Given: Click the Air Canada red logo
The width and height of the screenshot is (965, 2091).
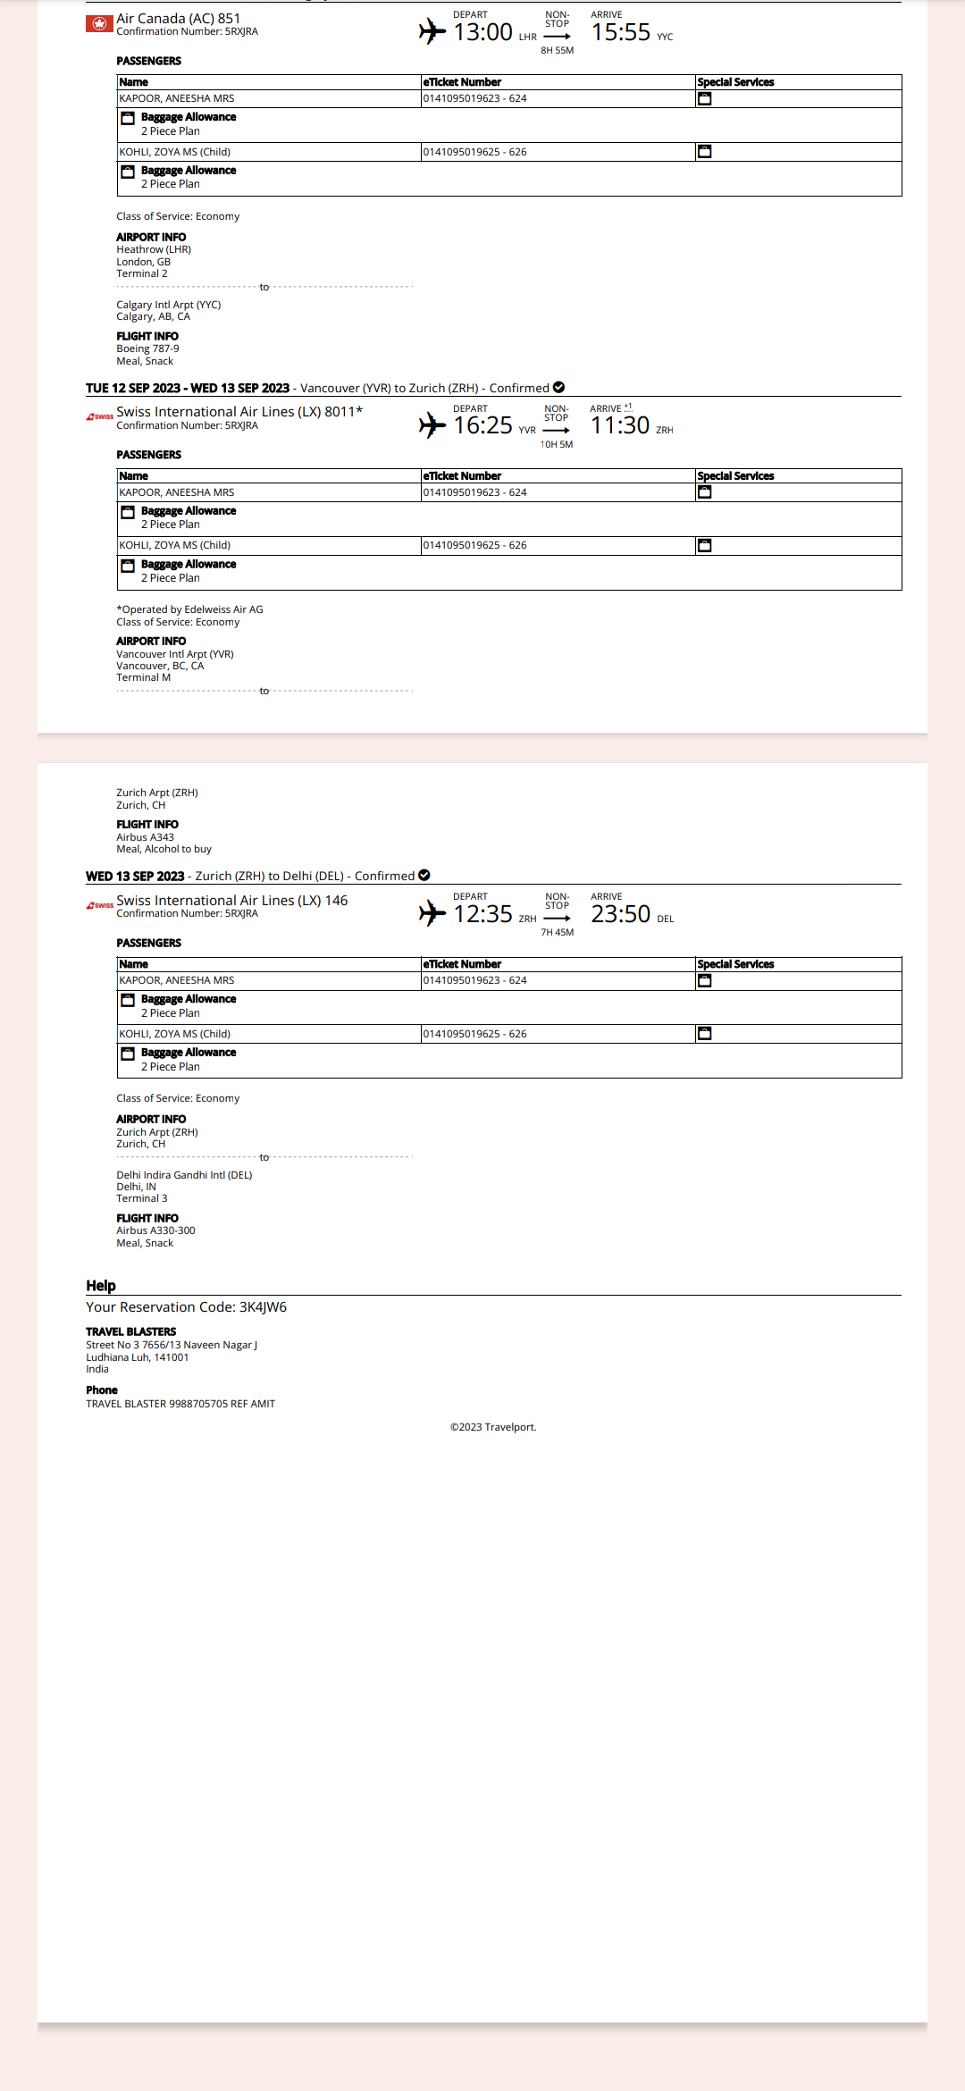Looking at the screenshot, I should pos(99,24).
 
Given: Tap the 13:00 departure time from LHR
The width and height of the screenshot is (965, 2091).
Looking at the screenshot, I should pos(482,33).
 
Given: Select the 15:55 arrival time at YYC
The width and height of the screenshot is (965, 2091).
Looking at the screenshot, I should pos(620,33).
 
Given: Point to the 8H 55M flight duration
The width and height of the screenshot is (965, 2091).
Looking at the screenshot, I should pos(557,51).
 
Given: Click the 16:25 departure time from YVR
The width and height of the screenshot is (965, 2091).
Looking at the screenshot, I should pos(482,426).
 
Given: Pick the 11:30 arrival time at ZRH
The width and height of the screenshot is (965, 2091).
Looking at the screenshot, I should pos(620,426).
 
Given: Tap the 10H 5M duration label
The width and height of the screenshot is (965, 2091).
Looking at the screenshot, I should pos(556,444).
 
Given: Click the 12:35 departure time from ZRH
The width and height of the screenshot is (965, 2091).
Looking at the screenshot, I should pos(482,915).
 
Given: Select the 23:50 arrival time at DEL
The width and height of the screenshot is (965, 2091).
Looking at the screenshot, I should pos(620,915).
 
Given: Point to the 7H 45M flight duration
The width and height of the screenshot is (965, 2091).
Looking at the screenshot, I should pos(557,933).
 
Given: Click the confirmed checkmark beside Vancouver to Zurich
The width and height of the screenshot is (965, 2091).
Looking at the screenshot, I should pos(558,388).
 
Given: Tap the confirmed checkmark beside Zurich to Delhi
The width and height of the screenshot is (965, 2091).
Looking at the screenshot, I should pos(424,876).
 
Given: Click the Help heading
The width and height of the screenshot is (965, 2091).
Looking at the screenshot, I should pos(101,1286).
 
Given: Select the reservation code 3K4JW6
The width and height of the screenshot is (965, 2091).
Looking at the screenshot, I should pos(263,1307).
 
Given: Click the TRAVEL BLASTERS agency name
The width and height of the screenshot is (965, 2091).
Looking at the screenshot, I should pos(131,1331).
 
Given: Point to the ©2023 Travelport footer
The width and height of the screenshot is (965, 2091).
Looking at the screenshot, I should pos(493,1427).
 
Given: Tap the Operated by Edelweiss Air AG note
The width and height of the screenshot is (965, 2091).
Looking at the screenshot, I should pos(189,609).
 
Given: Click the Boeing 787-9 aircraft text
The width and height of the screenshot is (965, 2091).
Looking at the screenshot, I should pos(147,348).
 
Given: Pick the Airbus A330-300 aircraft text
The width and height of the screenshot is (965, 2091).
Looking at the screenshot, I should pos(155,1230).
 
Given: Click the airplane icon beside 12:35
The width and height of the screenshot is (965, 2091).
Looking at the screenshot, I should pos(432,913).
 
